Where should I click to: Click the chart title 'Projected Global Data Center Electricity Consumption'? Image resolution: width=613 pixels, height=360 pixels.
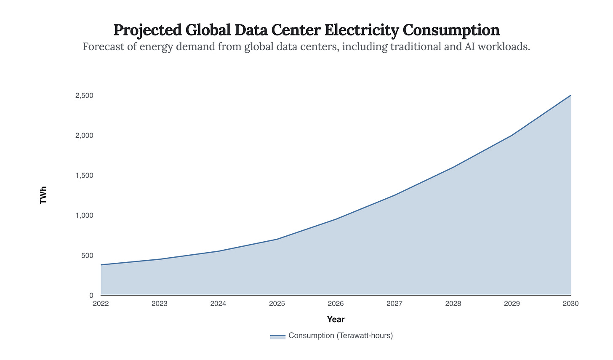pyautogui.click(x=306, y=30)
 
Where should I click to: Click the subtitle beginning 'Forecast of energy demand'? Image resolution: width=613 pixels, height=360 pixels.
pyautogui.click(x=306, y=47)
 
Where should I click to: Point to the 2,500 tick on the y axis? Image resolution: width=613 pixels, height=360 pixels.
pyautogui.click(x=84, y=96)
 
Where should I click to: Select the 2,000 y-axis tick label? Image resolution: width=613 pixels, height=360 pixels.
pyautogui.click(x=84, y=136)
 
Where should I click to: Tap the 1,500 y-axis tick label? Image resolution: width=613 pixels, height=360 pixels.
pyautogui.click(x=84, y=176)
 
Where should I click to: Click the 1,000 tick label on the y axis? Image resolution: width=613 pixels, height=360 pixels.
pyautogui.click(x=84, y=216)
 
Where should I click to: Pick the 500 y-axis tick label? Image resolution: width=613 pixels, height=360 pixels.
pyautogui.click(x=87, y=256)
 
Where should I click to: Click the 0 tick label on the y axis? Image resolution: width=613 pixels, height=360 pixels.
pyautogui.click(x=91, y=296)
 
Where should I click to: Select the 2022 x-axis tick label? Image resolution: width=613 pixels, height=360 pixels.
pyautogui.click(x=101, y=304)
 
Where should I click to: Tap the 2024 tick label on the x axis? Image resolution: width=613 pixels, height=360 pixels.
pyautogui.click(x=218, y=304)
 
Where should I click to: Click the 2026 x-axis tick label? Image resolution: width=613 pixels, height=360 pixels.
pyautogui.click(x=336, y=304)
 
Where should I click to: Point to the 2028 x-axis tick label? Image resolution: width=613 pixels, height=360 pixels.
pyautogui.click(x=453, y=304)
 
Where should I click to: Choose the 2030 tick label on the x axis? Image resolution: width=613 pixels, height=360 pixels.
pyautogui.click(x=570, y=304)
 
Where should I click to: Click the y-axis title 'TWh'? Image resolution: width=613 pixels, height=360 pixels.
pyautogui.click(x=43, y=195)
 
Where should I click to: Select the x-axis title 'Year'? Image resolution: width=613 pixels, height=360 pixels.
pyautogui.click(x=336, y=320)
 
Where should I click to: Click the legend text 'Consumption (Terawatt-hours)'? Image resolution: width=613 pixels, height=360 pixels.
pyautogui.click(x=340, y=336)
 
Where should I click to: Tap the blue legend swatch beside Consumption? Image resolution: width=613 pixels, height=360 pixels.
pyautogui.click(x=277, y=336)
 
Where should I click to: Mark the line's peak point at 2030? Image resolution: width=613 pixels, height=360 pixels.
pyautogui.click(x=570, y=96)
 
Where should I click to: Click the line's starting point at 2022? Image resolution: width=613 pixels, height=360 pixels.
pyautogui.click(x=101, y=265)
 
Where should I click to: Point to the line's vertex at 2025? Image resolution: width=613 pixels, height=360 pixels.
pyautogui.click(x=277, y=239)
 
